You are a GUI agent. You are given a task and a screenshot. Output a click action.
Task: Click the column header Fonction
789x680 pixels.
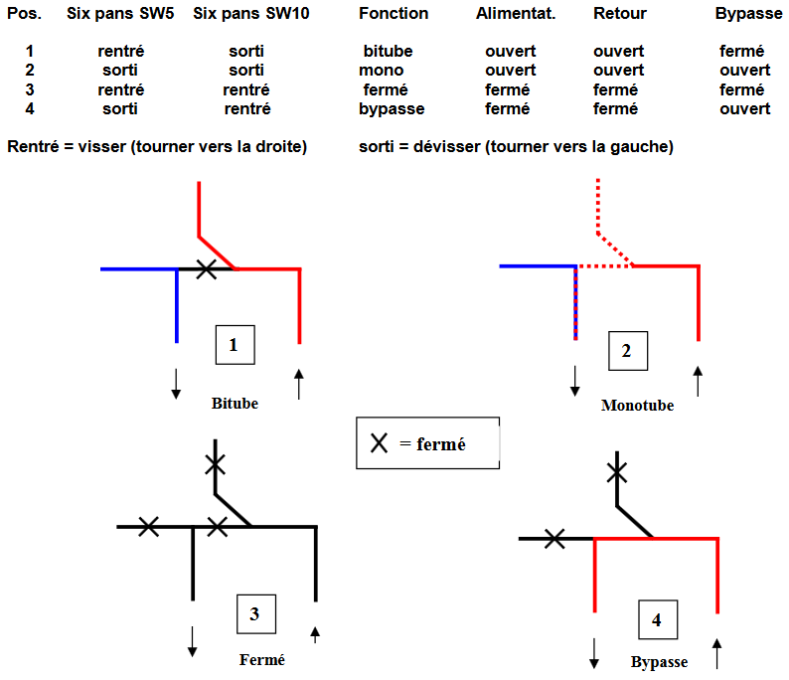(394, 13)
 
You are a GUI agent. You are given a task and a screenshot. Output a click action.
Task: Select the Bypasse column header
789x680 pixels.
(748, 14)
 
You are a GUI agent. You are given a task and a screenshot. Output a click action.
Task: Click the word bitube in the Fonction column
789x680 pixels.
(388, 51)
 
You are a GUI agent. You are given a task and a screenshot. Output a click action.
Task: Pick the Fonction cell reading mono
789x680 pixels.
(382, 70)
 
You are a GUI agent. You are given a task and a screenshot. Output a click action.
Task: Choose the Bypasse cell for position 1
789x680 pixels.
(741, 51)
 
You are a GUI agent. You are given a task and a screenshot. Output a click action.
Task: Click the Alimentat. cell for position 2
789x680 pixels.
(510, 70)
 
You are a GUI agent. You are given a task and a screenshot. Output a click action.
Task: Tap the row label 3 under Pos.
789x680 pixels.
(30, 89)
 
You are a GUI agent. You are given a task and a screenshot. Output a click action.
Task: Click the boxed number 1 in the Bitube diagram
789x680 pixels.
(235, 345)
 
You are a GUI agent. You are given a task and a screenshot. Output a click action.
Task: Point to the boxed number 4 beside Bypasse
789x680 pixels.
(656, 620)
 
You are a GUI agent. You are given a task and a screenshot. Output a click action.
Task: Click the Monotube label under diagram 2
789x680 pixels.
(637, 406)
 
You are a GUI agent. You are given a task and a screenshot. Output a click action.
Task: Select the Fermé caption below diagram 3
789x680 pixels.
(262, 659)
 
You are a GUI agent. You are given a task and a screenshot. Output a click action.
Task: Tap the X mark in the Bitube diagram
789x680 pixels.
(206, 268)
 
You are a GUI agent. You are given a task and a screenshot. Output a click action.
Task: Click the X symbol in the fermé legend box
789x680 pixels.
(379, 443)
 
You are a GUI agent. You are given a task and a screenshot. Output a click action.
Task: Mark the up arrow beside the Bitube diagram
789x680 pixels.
(298, 383)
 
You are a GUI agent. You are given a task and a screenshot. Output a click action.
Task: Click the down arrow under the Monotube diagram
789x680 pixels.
(574, 380)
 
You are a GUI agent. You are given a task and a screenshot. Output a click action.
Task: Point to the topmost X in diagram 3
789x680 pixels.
(215, 462)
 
